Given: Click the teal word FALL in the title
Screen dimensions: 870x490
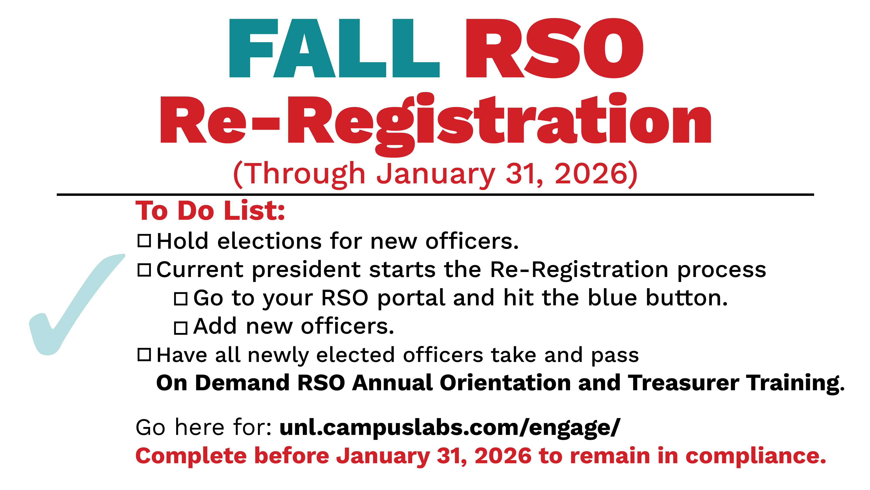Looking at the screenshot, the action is click(334, 48).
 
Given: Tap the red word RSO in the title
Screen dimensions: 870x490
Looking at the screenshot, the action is click(554, 48).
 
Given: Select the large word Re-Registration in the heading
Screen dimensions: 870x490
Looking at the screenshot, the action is click(436, 124).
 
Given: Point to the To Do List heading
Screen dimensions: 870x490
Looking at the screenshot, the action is click(210, 211).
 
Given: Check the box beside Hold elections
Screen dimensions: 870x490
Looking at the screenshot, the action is click(144, 241).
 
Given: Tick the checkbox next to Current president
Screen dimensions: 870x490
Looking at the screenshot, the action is click(144, 270).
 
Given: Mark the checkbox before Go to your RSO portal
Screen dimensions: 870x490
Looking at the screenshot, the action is click(181, 299).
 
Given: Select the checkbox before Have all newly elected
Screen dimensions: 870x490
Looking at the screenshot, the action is click(144, 354).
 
